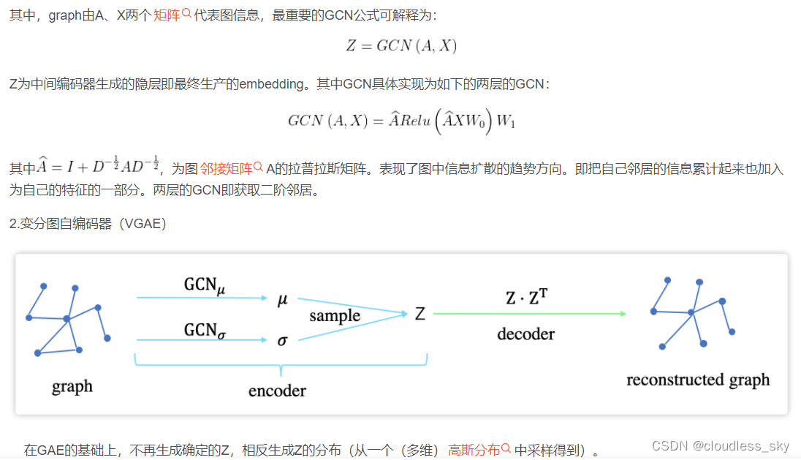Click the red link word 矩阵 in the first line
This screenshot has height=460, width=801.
tap(167, 15)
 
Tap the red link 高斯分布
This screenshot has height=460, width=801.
tap(474, 450)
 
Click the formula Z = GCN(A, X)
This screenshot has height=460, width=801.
tap(401, 46)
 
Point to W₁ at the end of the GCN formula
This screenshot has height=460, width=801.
tap(506, 121)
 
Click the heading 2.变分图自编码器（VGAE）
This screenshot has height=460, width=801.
tap(88, 223)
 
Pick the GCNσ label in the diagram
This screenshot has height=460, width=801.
tap(204, 330)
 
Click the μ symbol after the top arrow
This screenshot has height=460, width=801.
tap(283, 299)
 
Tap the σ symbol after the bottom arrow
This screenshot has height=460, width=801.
tap(283, 341)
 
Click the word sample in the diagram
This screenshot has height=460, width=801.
tap(335, 316)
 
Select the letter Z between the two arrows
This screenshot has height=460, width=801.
tap(420, 314)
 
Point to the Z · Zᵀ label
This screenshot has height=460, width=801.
tap(527, 298)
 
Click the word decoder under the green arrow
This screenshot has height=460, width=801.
tap(525, 334)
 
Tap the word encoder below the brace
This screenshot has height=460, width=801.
tap(277, 391)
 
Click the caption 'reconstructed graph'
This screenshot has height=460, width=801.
tap(698, 380)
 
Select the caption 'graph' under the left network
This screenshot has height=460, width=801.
tap(72, 385)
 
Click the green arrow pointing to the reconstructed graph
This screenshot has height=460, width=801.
tap(529, 314)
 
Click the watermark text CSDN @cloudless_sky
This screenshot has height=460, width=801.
tap(721, 446)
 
